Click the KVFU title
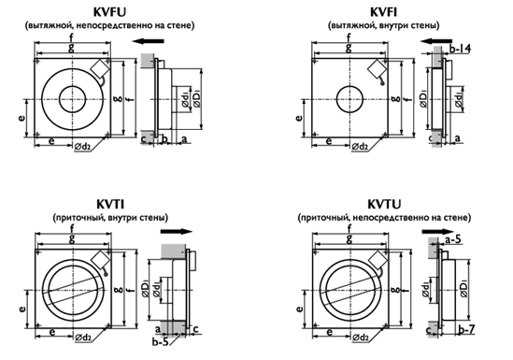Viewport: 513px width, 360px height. pos(109,12)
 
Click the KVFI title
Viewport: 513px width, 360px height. pos(383,12)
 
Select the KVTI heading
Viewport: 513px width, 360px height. pos(110,204)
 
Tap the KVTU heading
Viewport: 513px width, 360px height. pos(384,204)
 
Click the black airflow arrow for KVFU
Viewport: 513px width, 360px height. pos(149,41)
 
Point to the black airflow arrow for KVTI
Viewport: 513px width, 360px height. pos(177,231)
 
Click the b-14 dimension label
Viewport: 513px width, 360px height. pos(460,49)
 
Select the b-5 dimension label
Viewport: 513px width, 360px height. pos(161,342)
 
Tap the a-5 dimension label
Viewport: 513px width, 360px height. pos(453,239)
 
